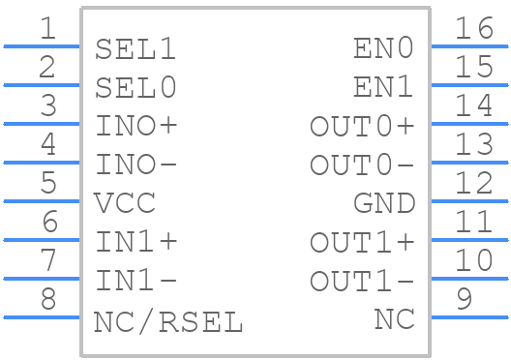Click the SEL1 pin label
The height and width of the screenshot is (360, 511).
(x=136, y=49)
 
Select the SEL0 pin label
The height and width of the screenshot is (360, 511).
(x=136, y=88)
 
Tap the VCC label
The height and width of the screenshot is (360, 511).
(x=125, y=204)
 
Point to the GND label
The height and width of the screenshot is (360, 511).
(x=383, y=204)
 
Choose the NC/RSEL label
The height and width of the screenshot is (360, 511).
(x=168, y=321)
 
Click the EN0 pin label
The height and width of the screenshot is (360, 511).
(x=383, y=49)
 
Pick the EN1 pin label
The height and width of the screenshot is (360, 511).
(x=383, y=88)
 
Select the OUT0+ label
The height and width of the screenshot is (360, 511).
(x=362, y=127)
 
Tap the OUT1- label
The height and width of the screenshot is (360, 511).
(x=362, y=282)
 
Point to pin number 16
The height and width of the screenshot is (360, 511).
(x=474, y=28)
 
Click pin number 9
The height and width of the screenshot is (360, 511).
(x=465, y=299)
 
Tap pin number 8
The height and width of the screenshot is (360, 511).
(x=47, y=299)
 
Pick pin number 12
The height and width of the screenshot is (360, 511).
(x=474, y=183)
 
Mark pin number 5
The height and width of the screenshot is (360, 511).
(x=47, y=183)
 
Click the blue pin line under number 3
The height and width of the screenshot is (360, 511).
(x=43, y=124)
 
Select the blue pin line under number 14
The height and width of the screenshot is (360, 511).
(x=468, y=124)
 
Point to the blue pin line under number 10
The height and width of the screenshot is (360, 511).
(x=468, y=279)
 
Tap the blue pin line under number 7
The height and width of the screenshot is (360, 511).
(x=43, y=279)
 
